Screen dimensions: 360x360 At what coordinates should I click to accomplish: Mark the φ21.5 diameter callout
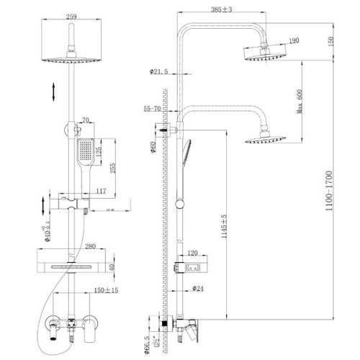(158, 72)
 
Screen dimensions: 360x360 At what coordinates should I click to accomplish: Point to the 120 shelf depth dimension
(193, 253)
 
